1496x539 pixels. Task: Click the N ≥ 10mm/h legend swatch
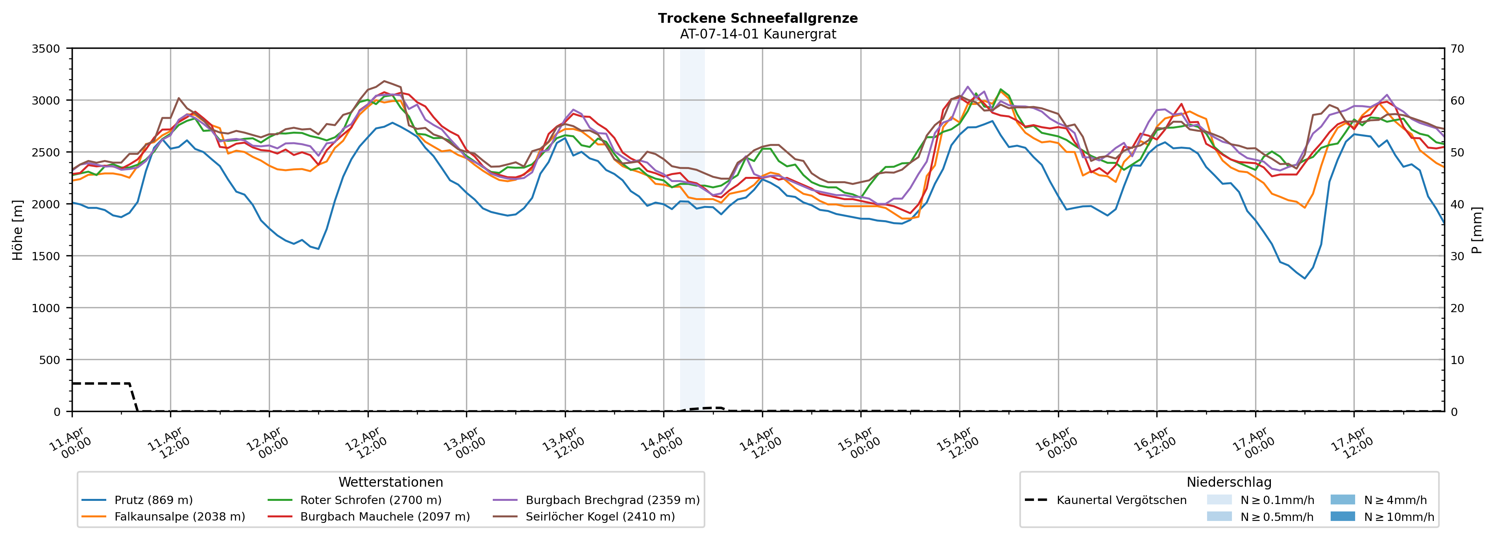pos(1342,516)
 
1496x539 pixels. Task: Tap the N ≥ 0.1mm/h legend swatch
pos(1219,500)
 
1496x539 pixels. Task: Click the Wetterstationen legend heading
pos(390,482)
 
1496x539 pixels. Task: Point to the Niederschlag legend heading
pos(1229,482)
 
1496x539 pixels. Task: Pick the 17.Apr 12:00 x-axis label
pos(1352,444)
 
